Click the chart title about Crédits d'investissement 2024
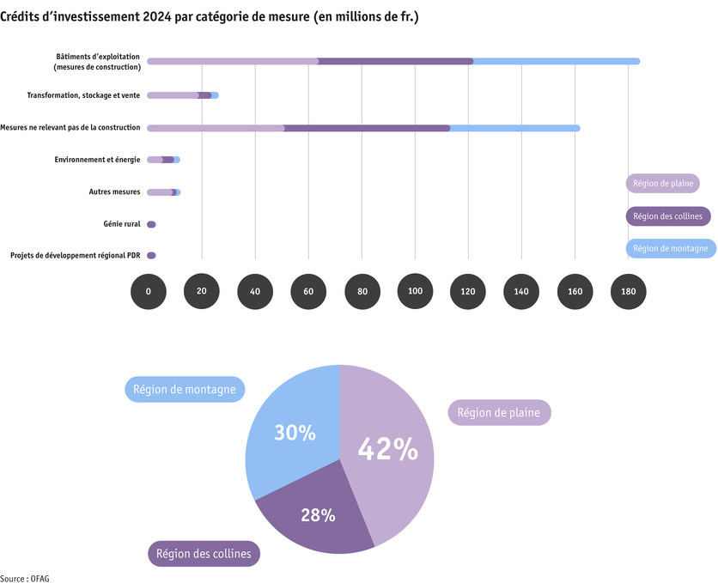click(x=210, y=16)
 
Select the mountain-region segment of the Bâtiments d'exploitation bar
click(x=557, y=61)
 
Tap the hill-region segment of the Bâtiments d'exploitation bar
click(x=396, y=61)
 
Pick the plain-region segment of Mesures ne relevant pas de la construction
click(x=216, y=128)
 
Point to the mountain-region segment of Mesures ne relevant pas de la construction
click(x=514, y=128)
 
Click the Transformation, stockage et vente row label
click(x=83, y=95)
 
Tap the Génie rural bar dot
click(x=151, y=224)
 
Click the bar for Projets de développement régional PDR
click(x=151, y=255)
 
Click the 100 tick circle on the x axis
click(x=415, y=292)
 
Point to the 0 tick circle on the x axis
click(x=148, y=292)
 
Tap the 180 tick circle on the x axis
click(x=629, y=292)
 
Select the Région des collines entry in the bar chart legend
click(x=668, y=216)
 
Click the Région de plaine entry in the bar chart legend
click(x=662, y=183)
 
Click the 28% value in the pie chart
click(x=318, y=515)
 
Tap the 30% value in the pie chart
click(x=295, y=434)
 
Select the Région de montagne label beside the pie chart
click(x=186, y=389)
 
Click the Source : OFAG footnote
click(x=25, y=578)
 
